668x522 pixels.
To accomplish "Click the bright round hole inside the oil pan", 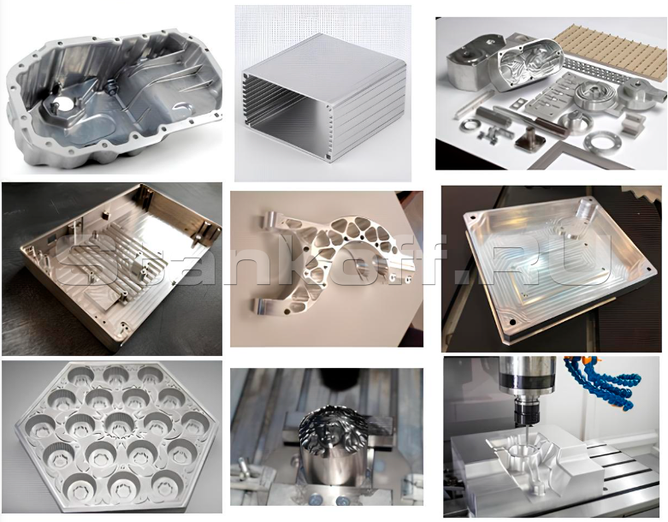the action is point(63,104).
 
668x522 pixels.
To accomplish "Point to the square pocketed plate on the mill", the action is point(550,265).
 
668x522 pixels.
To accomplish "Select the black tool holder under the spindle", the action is point(527,412).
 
